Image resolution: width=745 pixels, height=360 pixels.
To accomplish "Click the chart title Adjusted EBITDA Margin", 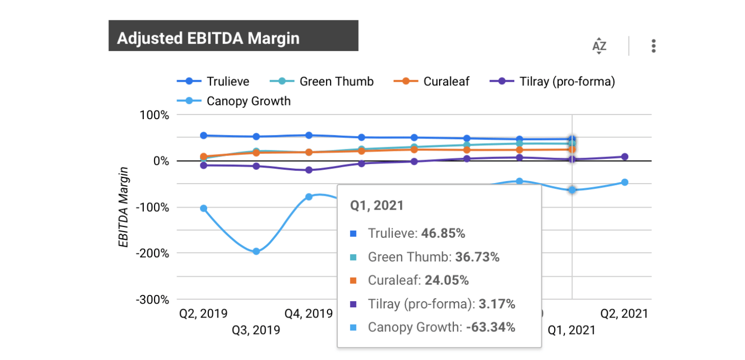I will (208, 38).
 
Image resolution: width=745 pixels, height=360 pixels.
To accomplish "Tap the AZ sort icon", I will (599, 46).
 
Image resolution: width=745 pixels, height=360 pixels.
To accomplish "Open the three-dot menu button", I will (653, 46).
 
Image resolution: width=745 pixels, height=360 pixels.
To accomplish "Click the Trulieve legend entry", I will (228, 81).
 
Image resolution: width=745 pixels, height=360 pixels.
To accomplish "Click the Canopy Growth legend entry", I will (248, 101).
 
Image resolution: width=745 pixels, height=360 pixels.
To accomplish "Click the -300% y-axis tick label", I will (152, 299).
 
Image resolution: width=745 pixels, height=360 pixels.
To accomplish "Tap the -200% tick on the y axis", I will (152, 253).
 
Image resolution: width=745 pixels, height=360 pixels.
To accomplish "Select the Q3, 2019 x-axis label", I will (256, 330).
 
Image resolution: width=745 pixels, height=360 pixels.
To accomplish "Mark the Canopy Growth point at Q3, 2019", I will (256, 251).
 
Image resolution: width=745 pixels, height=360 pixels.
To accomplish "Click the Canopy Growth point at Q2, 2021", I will (625, 182).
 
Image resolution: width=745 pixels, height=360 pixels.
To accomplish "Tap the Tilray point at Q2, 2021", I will (625, 156).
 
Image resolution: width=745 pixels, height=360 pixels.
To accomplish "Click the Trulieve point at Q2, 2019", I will (204, 136).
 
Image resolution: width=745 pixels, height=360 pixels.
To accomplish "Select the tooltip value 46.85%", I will (443, 234).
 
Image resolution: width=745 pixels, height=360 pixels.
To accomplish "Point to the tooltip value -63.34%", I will (491, 327).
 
